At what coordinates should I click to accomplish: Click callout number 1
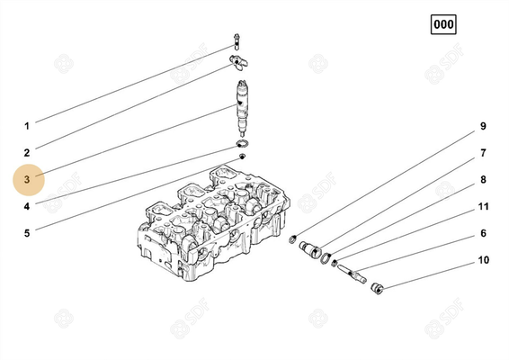point(27,125)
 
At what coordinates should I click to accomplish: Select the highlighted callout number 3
point(27,180)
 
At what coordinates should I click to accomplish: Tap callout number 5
point(27,234)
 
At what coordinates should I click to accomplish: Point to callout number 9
point(482,125)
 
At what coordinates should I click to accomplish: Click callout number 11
point(483,207)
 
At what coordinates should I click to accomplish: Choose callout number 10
point(483,261)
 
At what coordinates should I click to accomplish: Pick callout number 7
point(482,153)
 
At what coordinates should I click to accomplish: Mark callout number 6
point(483,234)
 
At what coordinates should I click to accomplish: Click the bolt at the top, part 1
point(237,40)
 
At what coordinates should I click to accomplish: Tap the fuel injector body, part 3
point(242,103)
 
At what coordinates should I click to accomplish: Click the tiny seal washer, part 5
point(242,157)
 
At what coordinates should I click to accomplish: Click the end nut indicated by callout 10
point(377,287)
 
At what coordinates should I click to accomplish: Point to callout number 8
point(483,180)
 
